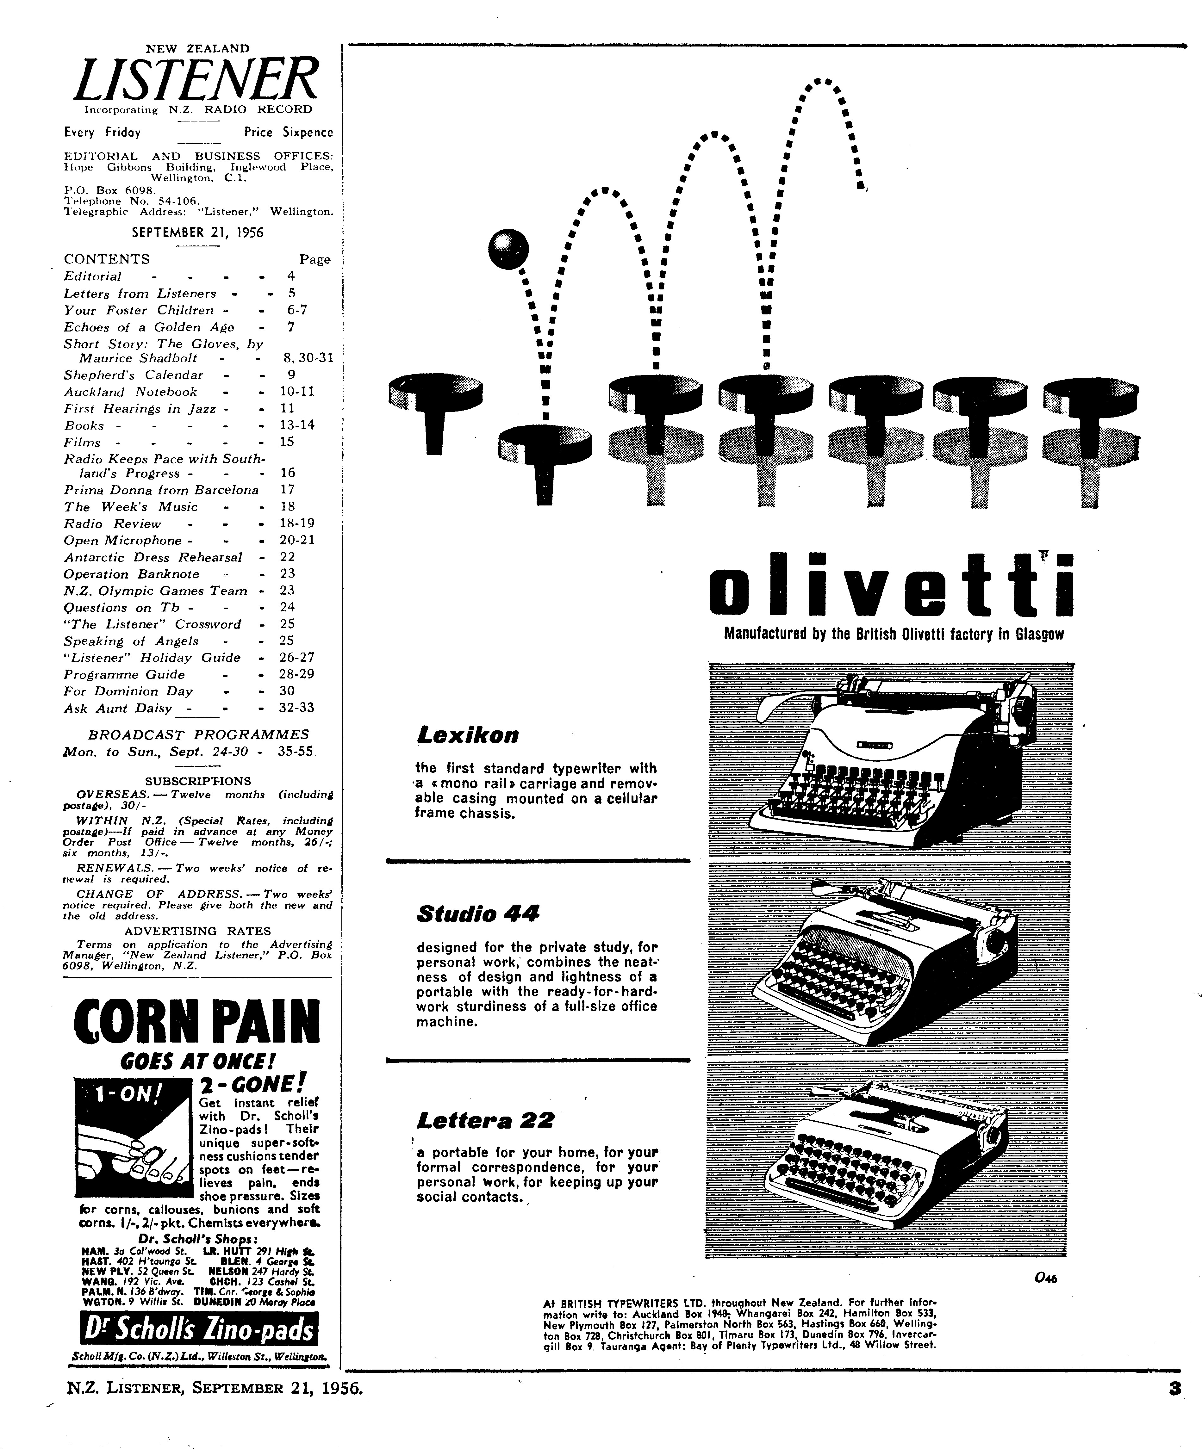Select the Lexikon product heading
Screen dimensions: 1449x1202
click(467, 735)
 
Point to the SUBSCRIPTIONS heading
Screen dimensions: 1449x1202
click(198, 781)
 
